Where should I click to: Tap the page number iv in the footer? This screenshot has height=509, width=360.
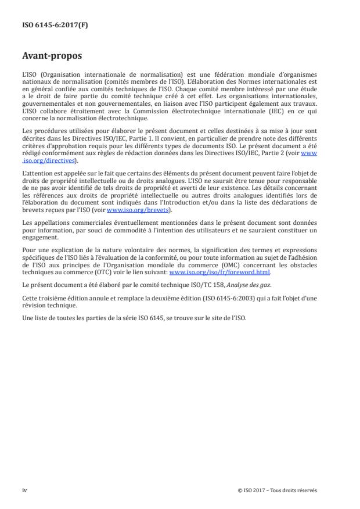24,490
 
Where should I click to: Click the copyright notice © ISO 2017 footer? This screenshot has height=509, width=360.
278,490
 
